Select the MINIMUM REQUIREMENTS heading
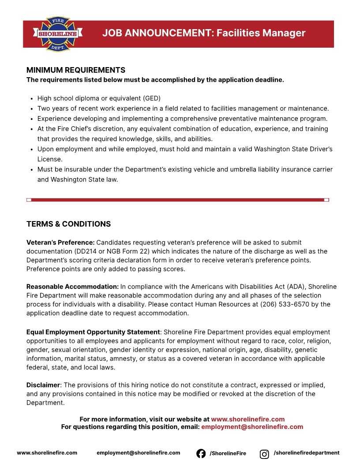click(x=76, y=70)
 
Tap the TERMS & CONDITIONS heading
click(x=68, y=224)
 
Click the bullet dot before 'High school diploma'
click(x=32, y=98)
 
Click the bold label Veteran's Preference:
click(x=60, y=242)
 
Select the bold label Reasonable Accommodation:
click(x=72, y=287)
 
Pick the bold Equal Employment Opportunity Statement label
click(x=93, y=332)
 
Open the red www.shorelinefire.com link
click(x=247, y=419)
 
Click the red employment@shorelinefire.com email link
click(x=252, y=427)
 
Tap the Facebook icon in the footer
click(x=201, y=453)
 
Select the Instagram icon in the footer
click(x=264, y=454)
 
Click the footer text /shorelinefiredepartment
click(x=307, y=453)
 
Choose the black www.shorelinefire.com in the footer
click(x=47, y=453)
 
